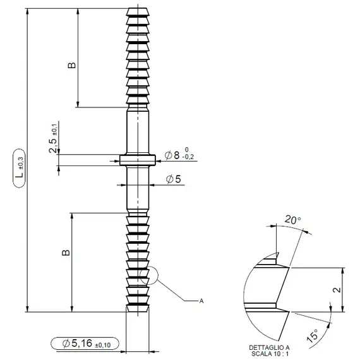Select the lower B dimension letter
tap(65, 253)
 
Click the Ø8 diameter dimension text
tap(172, 155)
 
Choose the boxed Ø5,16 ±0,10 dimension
tap(85, 344)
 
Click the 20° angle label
tap(293, 220)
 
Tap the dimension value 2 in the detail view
tap(337, 291)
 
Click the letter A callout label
tap(201, 301)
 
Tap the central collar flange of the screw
tap(138, 160)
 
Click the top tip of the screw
tap(138, 10)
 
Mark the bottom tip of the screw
tap(138, 309)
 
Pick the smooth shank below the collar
tap(138, 189)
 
